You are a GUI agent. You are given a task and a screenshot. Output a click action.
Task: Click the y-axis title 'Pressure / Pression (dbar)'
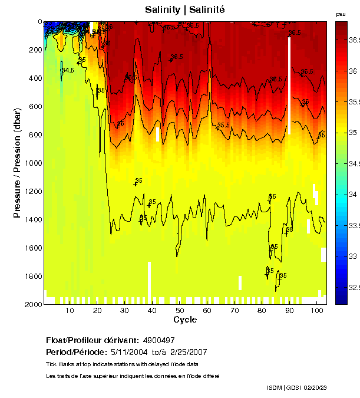coord(17,163)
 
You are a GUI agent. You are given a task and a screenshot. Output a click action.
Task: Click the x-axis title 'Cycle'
coord(185,320)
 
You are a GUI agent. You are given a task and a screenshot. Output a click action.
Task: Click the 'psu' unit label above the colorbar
coord(340,14)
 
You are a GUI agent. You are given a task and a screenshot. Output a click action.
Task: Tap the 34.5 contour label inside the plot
coord(68,71)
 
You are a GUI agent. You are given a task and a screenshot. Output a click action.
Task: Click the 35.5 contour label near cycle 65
coord(223,126)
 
